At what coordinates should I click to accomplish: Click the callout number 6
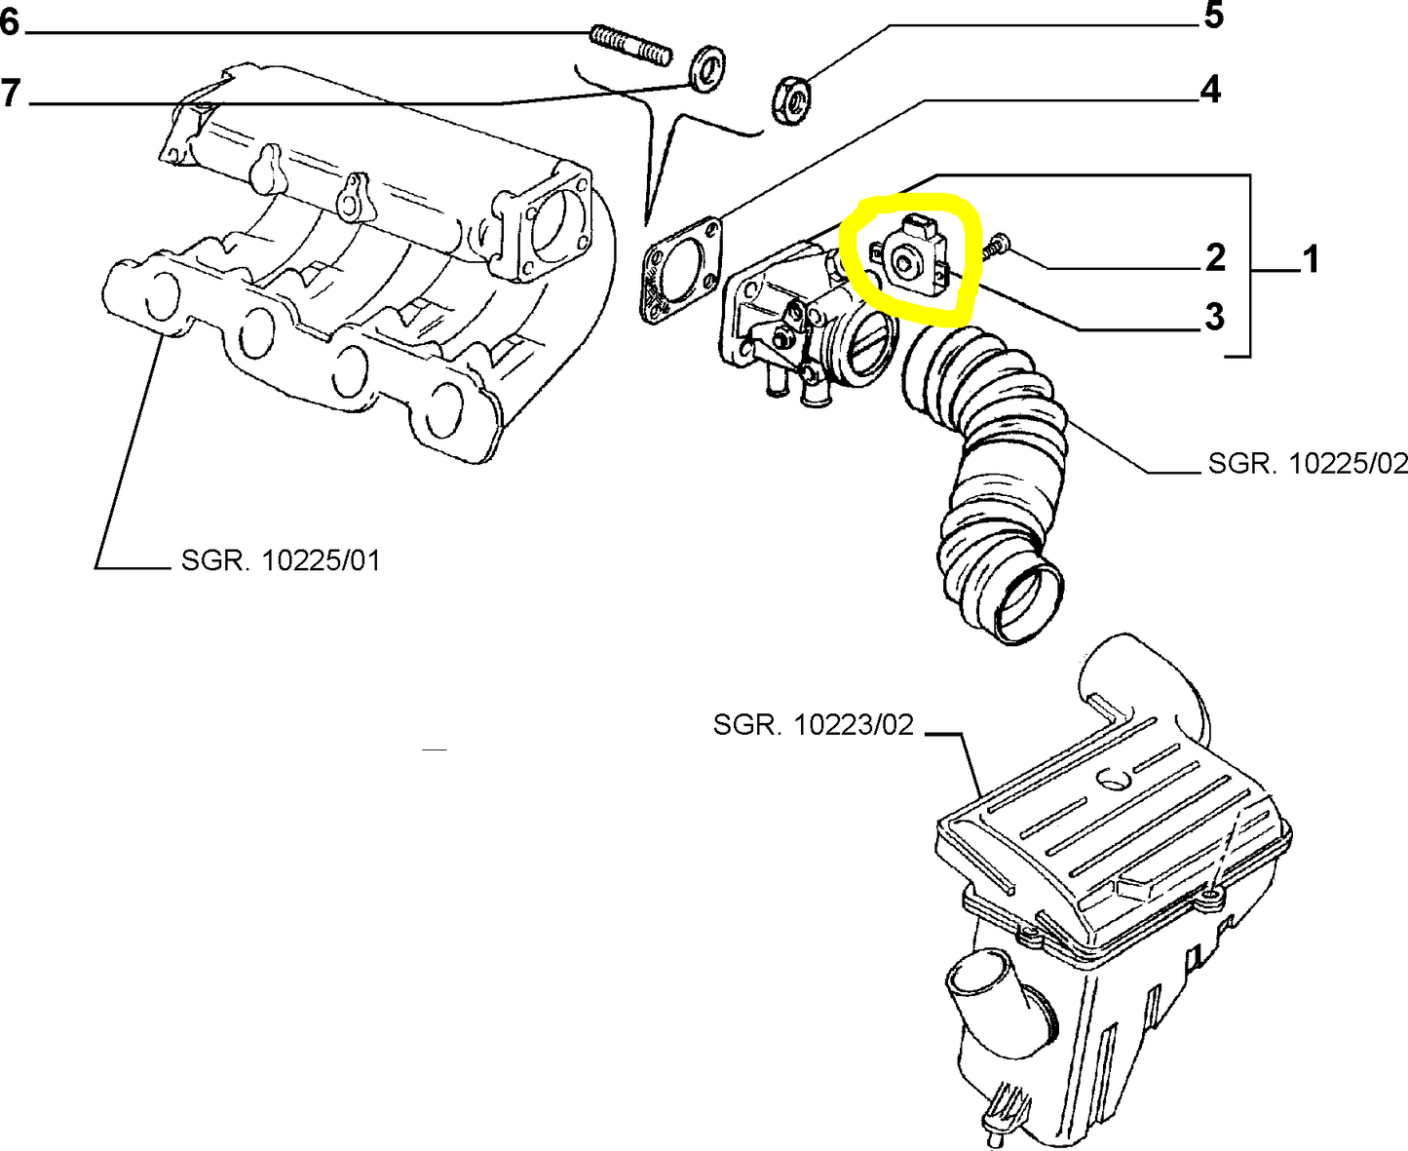pos(9,21)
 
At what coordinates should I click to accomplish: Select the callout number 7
pos(10,94)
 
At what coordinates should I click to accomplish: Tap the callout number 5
pos(1213,18)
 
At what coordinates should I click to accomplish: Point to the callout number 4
pos(1209,90)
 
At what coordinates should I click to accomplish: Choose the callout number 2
pos(1214,258)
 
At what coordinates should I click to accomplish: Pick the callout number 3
pos(1214,317)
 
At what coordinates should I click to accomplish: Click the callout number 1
pos(1310,260)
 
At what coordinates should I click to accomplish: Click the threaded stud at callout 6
pos(630,47)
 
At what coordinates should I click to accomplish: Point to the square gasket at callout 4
pos(683,269)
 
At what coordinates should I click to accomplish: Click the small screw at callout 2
pos(993,248)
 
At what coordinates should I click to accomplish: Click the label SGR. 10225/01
pos(281,560)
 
